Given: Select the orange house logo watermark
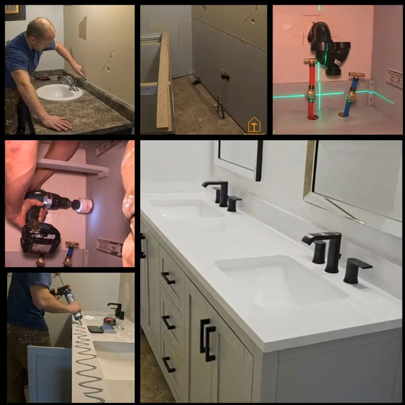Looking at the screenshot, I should (x=254, y=125).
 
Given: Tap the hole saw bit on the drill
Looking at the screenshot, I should (x=84, y=206).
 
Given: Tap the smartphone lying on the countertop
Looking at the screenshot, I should (x=95, y=329).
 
